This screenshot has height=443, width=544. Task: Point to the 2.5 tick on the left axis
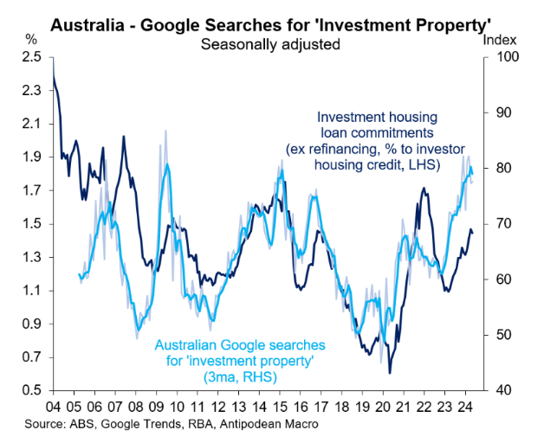tap(33, 58)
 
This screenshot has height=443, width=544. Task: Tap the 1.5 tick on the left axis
tap(33, 224)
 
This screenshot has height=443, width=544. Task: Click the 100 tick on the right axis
tap(504, 58)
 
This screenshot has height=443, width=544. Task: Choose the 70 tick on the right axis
tap(501, 224)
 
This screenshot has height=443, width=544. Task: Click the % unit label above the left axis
tap(32, 40)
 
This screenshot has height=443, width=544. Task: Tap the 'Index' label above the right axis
tap(499, 40)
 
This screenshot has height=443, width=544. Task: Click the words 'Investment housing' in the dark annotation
tap(377, 117)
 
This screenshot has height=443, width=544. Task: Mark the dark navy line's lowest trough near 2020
tap(390, 372)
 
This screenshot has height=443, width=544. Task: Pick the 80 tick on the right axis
tap(501, 169)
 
